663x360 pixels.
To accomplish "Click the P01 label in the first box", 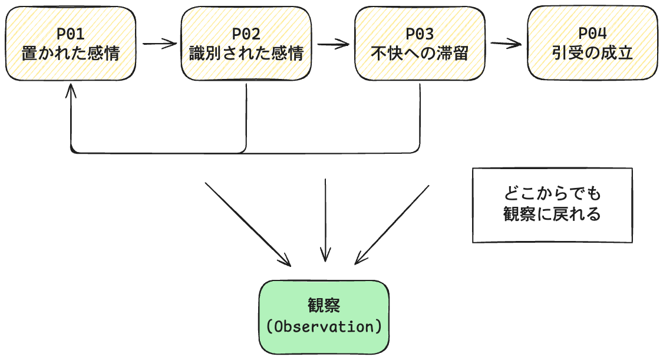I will click(x=71, y=34).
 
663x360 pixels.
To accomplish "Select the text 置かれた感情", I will click(x=71, y=54).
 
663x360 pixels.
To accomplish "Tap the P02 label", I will click(x=246, y=34).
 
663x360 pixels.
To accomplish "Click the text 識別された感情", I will click(x=246, y=54).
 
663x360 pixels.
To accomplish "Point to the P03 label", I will click(x=420, y=34).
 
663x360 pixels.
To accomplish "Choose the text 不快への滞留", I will click(x=420, y=54).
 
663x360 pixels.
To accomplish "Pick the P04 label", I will click(x=592, y=34).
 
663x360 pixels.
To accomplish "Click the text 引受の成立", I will click(x=592, y=54).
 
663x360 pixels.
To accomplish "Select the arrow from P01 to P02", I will click(x=159, y=43).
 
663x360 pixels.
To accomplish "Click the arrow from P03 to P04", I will click(x=506, y=43).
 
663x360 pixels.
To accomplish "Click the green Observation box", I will click(x=324, y=316).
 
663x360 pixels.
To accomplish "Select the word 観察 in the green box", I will click(x=324, y=305).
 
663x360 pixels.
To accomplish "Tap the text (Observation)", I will click(x=324, y=326).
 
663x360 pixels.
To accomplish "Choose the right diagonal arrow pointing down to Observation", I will click(x=392, y=224).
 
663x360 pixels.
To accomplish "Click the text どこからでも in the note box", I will click(x=552, y=194).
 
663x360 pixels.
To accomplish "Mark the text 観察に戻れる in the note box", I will click(x=552, y=214).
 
